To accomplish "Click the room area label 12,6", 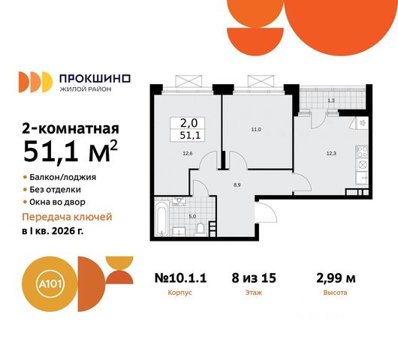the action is click(x=187, y=153).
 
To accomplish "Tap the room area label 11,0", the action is click(x=256, y=130).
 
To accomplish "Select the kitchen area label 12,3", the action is click(x=331, y=153).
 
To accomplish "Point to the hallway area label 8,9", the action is click(x=237, y=185).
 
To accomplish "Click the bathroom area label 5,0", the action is click(x=192, y=217).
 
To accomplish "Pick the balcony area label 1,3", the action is click(x=331, y=100).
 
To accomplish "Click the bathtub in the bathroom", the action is click(x=161, y=217).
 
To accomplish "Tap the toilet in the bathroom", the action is click(x=201, y=228).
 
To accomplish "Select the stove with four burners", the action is click(x=362, y=151).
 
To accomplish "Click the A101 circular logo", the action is click(x=50, y=283).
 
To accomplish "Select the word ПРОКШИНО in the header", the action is click(x=95, y=79).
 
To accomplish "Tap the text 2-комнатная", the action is click(x=71, y=129).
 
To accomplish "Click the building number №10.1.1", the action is click(x=180, y=278).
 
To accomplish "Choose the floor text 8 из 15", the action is click(x=254, y=278).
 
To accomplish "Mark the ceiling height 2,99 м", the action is click(x=336, y=278).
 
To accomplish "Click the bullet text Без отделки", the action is click(x=55, y=190).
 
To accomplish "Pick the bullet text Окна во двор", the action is click(x=57, y=202).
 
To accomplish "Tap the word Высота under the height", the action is click(x=335, y=292).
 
